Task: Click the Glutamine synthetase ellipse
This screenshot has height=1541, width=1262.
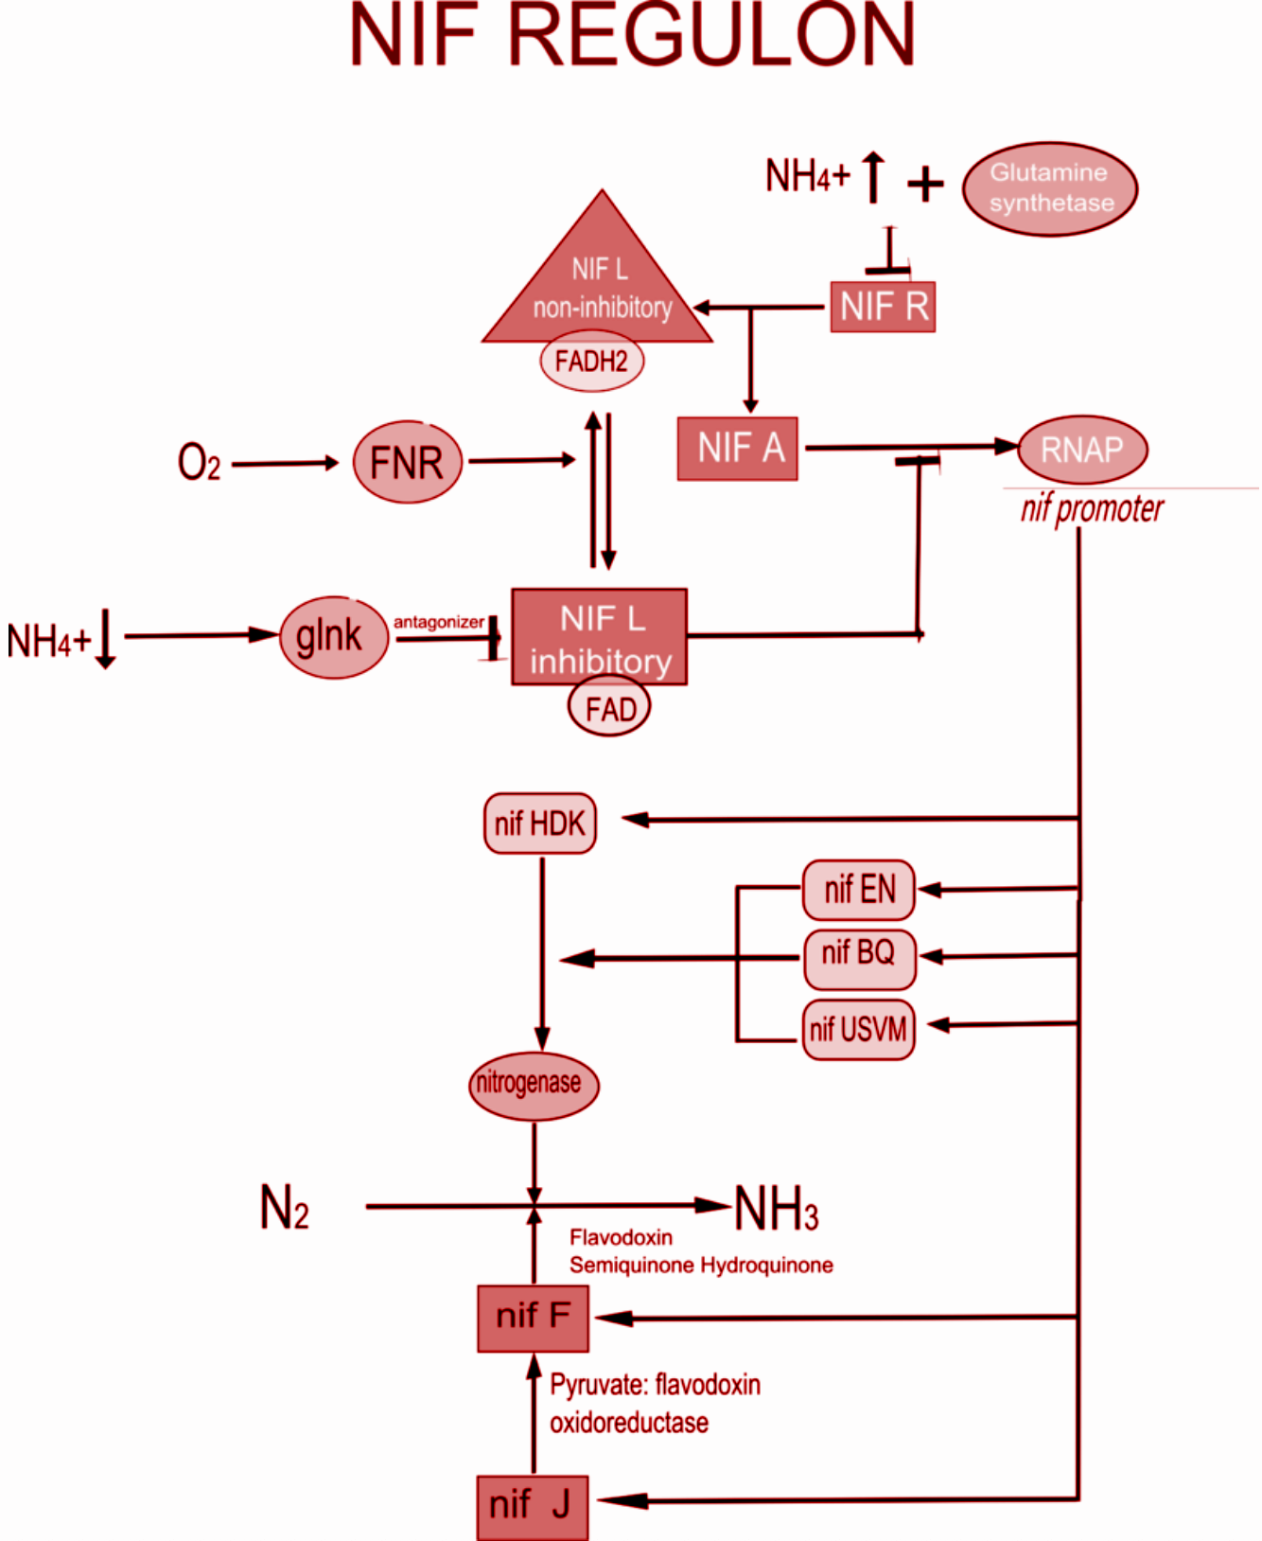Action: coord(1050,188)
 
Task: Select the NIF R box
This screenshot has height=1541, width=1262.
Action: coord(883,307)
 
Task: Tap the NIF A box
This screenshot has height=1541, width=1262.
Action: coord(738,449)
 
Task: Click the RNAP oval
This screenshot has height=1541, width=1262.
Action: coord(1082,450)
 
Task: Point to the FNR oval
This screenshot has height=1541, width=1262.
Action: coord(408,463)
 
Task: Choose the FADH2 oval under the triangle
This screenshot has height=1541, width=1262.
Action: coord(591,361)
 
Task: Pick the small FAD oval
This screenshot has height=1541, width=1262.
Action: coord(609,708)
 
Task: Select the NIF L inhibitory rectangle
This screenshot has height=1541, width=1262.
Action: coord(599,636)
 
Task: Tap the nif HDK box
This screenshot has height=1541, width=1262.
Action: coord(540,824)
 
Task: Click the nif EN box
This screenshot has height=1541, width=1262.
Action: coord(859,890)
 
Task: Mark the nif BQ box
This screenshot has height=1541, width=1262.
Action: coord(859,954)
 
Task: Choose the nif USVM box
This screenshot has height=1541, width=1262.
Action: coord(859,1029)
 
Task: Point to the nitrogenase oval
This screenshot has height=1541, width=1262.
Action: coord(534,1085)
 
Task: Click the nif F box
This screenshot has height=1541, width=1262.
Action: coord(533,1318)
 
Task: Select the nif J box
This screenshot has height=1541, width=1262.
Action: coord(532,1505)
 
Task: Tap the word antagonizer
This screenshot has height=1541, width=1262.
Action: coord(439,622)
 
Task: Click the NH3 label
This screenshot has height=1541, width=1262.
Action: coord(776,1209)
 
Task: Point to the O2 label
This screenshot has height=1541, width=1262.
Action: coord(199,463)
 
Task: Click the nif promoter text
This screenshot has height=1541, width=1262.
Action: coord(1092,509)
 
